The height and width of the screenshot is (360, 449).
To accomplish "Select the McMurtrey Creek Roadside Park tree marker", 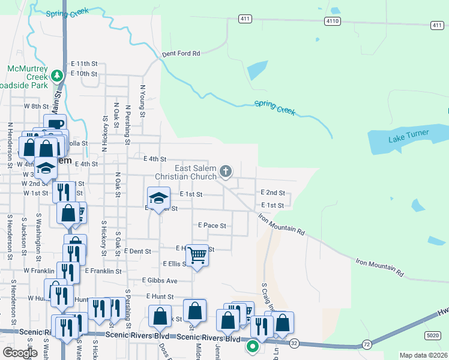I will click(57, 76).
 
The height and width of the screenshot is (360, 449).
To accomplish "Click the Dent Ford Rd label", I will click(181, 53).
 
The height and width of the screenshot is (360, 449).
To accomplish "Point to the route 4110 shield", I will click(332, 21).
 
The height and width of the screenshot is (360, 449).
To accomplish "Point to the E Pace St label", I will click(212, 226).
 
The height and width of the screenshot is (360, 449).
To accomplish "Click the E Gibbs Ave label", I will click(160, 280).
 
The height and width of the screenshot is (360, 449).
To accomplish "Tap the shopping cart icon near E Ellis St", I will click(197, 255).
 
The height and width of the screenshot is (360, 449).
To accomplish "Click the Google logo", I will click(20, 353).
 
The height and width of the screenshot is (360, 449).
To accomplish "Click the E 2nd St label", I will click(272, 193).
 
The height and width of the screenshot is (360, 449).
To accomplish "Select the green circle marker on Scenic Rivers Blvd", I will click(253, 346).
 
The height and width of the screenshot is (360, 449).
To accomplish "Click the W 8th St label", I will click(35, 106).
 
